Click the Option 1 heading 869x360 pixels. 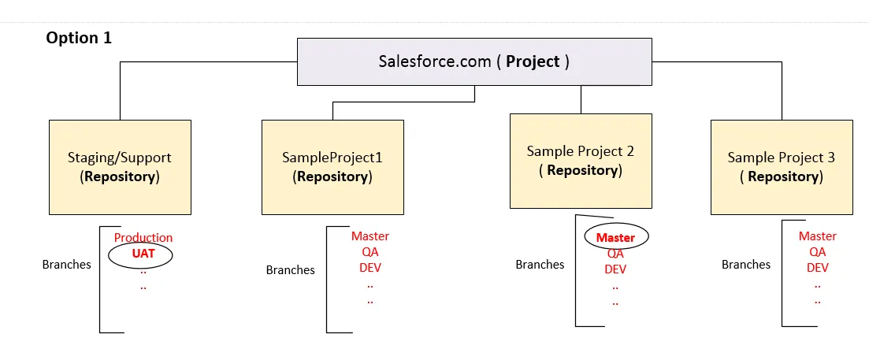[x=79, y=38]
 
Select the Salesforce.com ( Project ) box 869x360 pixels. [x=474, y=61]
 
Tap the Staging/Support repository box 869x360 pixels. [x=120, y=167]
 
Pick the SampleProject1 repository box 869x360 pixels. [x=332, y=167]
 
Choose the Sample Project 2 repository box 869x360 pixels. [x=581, y=161]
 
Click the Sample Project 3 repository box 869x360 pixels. [x=782, y=167]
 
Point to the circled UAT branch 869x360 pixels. [x=143, y=254]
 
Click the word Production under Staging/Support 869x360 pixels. [x=143, y=237]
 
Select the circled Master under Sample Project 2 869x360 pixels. [x=615, y=237]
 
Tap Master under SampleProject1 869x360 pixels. [x=370, y=236]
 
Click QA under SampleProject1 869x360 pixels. [x=370, y=251]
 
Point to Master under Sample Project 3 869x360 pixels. [x=818, y=236]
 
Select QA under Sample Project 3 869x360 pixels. [x=818, y=252]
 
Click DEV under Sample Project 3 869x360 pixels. [x=818, y=267]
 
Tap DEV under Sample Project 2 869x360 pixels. [x=615, y=269]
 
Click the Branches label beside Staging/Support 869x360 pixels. [x=66, y=265]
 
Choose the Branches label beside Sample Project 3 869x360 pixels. [x=746, y=265]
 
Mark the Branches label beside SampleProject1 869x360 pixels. [x=290, y=270]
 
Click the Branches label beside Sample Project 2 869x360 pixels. [x=540, y=265]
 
